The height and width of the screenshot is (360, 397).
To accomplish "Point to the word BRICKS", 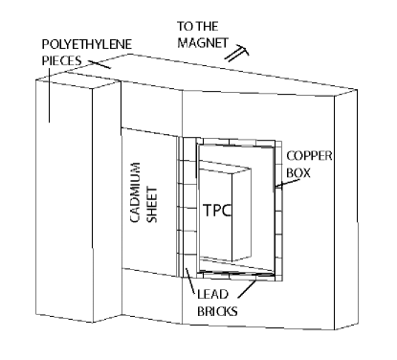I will point(210,311).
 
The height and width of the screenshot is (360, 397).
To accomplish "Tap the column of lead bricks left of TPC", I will point(187,215).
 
